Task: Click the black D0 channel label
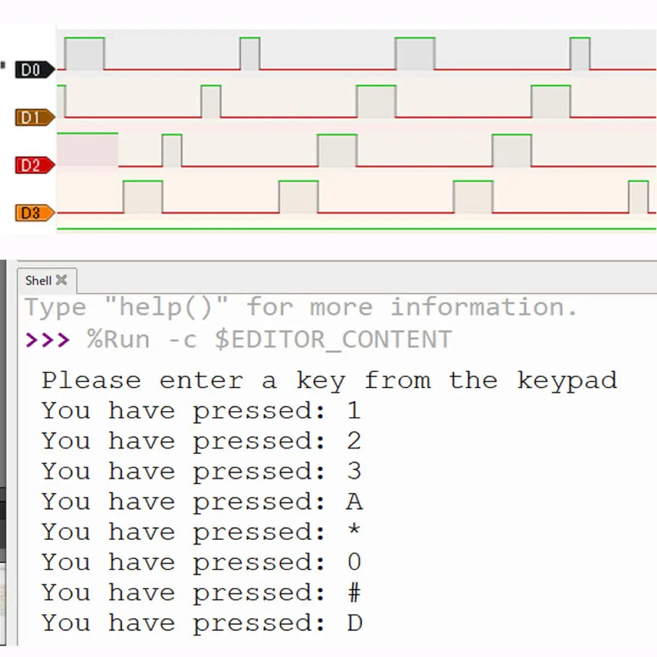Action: click(34, 70)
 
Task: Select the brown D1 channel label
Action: click(34, 118)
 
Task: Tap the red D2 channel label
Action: click(34, 165)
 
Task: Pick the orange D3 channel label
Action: click(34, 213)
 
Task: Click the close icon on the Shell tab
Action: click(61, 280)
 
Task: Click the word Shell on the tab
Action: click(38, 281)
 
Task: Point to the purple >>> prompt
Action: click(48, 340)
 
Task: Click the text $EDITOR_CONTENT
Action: click(333, 340)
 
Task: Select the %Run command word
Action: click(118, 339)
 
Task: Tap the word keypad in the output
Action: click(567, 381)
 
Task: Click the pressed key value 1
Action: click(354, 410)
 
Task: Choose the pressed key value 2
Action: click(354, 441)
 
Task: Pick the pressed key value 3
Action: click(354, 471)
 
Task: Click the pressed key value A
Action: click(355, 502)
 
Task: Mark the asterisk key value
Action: click(354, 529)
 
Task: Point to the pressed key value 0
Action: click(354, 562)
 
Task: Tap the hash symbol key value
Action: click(354, 592)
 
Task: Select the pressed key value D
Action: click(355, 623)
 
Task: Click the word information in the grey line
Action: click(483, 307)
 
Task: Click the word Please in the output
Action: click(91, 381)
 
